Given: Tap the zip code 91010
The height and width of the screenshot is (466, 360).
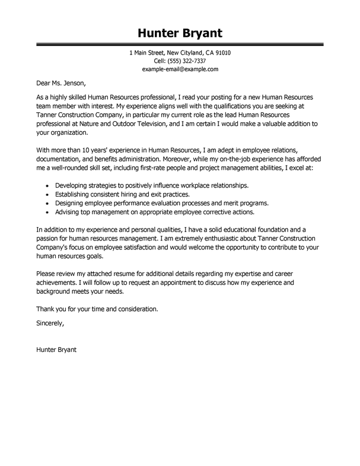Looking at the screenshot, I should pos(221,53).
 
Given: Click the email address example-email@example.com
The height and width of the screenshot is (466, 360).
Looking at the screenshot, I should pos(180,69).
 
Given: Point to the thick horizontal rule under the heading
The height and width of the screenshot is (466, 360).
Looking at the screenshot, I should pos(180,44).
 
